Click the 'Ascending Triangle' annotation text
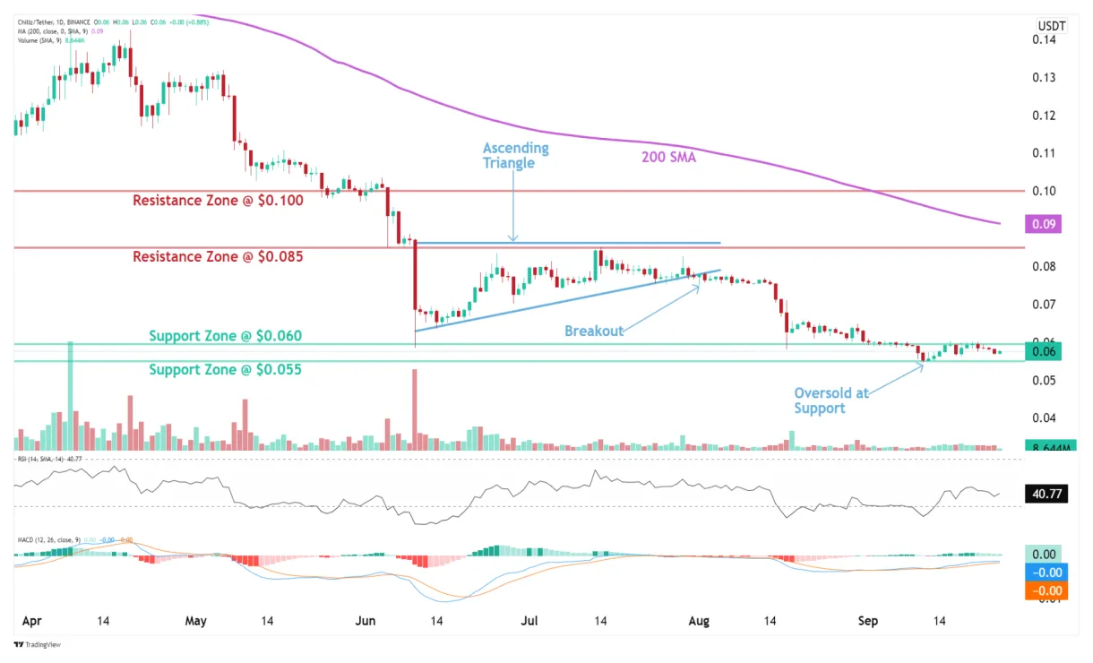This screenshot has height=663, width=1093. pos(515,155)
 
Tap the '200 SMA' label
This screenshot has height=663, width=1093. pos(668,158)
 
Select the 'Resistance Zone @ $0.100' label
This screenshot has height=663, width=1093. pos(218,201)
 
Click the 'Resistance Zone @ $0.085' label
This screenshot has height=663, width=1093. pos(218,256)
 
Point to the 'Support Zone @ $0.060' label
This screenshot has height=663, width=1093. pos(225,336)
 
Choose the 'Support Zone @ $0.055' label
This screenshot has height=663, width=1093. pos(225,369)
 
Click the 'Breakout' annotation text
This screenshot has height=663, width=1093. pos(593,331)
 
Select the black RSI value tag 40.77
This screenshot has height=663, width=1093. pos(1045,492)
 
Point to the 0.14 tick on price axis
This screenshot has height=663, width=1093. pos(1042,39)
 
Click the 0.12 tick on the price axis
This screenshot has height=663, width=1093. pos(1042,116)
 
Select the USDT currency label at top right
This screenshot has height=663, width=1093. pos(1051,26)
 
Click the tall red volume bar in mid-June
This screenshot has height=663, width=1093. pos(415,409)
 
